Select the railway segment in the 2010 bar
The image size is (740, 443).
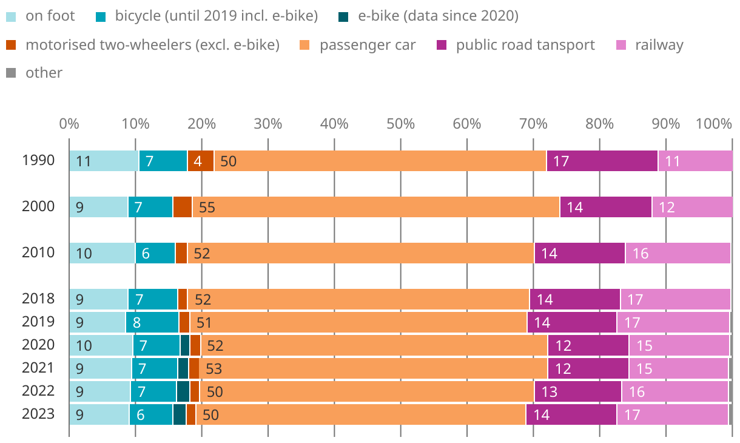pyautogui.click(x=678, y=253)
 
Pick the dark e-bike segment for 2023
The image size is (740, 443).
pyautogui.click(x=180, y=414)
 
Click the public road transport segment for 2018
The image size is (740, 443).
pyautogui.click(x=574, y=299)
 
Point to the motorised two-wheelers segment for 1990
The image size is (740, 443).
pyautogui.click(x=201, y=161)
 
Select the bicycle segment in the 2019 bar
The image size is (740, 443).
pyautogui.click(x=152, y=322)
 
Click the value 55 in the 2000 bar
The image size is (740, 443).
pyautogui.click(x=207, y=208)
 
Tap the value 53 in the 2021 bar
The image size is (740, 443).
pyautogui.click(x=214, y=368)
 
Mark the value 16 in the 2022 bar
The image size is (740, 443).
pyautogui.click(x=637, y=391)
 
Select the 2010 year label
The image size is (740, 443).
pyautogui.click(x=38, y=252)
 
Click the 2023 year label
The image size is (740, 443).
pyautogui.click(x=38, y=414)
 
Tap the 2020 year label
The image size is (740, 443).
pyautogui.click(x=38, y=345)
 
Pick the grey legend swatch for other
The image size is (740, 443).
pyautogui.click(x=10, y=73)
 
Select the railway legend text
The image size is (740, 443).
pyautogui.click(x=659, y=45)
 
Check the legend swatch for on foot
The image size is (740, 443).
pyautogui.click(x=10, y=16)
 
